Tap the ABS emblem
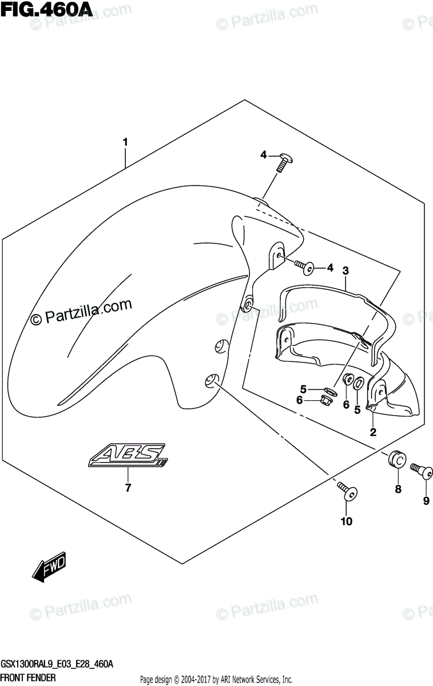coord(128,456)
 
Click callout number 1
coord(125,141)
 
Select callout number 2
coord(372,432)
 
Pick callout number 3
coord(345,270)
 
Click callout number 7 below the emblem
coord(128,488)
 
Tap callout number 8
coord(398,489)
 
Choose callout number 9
coord(426,501)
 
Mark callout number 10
coord(347,521)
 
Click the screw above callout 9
coord(422,470)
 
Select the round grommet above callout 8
coord(396,458)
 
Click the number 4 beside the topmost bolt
coord(264,154)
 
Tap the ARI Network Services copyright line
coord(216,679)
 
